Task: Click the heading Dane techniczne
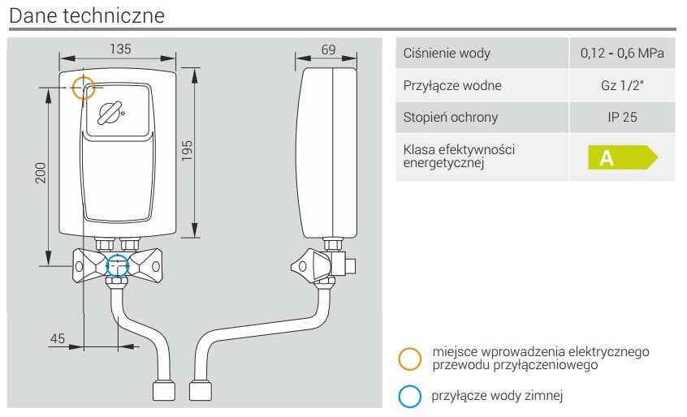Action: pyautogui.click(x=88, y=15)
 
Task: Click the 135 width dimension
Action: pyautogui.click(x=119, y=49)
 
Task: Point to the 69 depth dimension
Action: pyautogui.click(x=328, y=49)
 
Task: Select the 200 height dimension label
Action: pyautogui.click(x=41, y=172)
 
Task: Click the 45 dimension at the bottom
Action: pyautogui.click(x=57, y=338)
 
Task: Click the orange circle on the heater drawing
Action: pyautogui.click(x=84, y=88)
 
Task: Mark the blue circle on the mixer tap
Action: pyautogui.click(x=119, y=265)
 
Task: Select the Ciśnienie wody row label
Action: pyautogui.click(x=447, y=54)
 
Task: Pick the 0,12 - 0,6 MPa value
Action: pyautogui.click(x=622, y=54)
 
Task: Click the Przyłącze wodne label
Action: pyautogui.click(x=452, y=86)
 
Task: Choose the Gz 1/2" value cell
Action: pyautogui.click(x=622, y=86)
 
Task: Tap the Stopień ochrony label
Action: pyautogui.click(x=451, y=118)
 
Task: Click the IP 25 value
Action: pyautogui.click(x=622, y=118)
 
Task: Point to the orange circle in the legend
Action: pyautogui.click(x=410, y=358)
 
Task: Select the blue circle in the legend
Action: pyautogui.click(x=410, y=396)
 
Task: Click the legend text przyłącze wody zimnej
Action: pyautogui.click(x=497, y=396)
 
